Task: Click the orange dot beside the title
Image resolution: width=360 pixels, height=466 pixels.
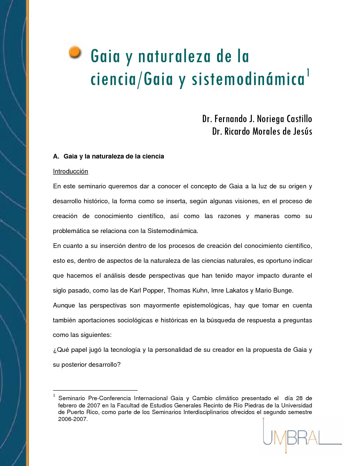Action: click(x=75, y=53)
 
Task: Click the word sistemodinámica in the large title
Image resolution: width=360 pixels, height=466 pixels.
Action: click(x=248, y=79)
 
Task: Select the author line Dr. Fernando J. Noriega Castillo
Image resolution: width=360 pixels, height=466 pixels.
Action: click(x=257, y=118)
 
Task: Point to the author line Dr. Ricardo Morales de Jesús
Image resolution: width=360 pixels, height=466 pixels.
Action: click(x=262, y=131)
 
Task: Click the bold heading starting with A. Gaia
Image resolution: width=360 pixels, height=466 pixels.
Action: click(x=109, y=156)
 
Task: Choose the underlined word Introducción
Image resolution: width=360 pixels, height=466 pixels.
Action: click(x=70, y=171)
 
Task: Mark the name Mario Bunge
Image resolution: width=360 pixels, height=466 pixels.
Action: click(x=274, y=290)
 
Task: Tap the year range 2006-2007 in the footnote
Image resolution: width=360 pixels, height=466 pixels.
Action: click(x=73, y=419)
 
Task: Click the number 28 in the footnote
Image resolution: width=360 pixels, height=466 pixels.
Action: click(x=299, y=398)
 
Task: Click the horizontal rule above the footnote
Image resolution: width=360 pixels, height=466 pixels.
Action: click(x=95, y=390)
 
